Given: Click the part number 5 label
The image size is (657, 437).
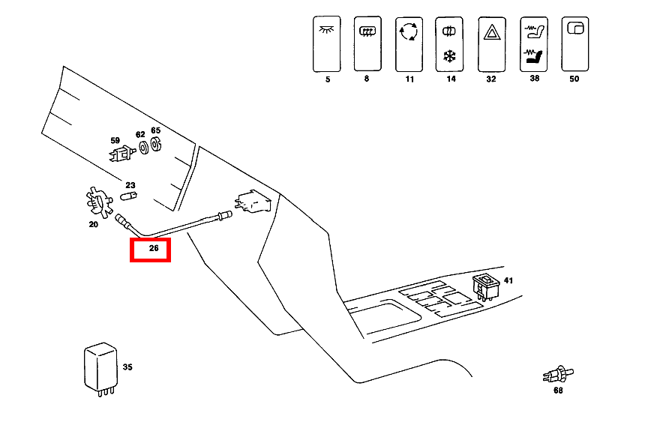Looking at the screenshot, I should (328, 79).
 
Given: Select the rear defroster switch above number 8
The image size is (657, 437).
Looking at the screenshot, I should (367, 44).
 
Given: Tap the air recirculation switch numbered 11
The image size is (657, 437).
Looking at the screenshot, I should (409, 44).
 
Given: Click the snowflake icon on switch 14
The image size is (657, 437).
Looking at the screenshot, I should (450, 56).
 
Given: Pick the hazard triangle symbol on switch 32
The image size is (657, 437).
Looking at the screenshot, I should (491, 32).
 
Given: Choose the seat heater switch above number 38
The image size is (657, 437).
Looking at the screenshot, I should (533, 44).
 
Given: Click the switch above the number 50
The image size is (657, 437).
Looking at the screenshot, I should (574, 44).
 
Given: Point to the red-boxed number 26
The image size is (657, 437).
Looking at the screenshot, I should (151, 250).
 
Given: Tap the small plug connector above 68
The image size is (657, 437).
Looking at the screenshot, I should (557, 373).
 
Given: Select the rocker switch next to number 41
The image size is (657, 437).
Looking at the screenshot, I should (484, 286).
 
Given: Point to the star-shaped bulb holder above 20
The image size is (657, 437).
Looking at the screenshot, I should (95, 202).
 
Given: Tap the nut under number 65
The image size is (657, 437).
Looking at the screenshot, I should (157, 143).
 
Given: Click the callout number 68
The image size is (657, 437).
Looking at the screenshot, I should (558, 390).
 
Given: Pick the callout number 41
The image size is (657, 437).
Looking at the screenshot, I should (508, 280).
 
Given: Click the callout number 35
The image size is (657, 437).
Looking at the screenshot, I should (127, 367).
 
